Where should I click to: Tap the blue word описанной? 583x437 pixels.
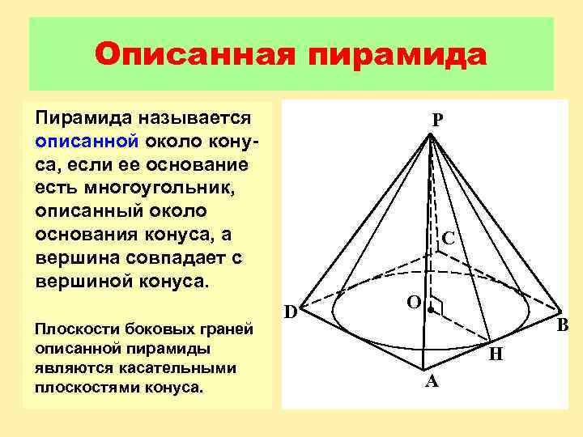pos(88,141)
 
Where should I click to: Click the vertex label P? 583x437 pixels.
pos(437,120)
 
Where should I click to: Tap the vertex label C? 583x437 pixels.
pos(447,240)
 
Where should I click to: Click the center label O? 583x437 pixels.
pos(413,302)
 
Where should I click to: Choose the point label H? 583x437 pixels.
pos(496,354)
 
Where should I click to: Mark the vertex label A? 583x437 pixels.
pos(432,381)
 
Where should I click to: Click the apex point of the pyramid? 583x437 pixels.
pos(431,135)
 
